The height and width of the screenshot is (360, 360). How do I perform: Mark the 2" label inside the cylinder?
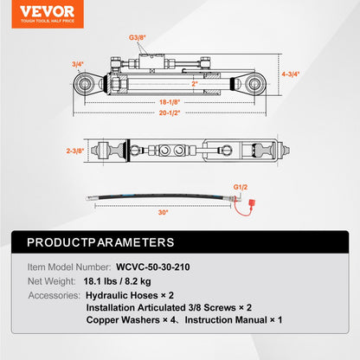171,84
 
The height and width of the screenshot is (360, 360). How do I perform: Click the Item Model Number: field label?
67,268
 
